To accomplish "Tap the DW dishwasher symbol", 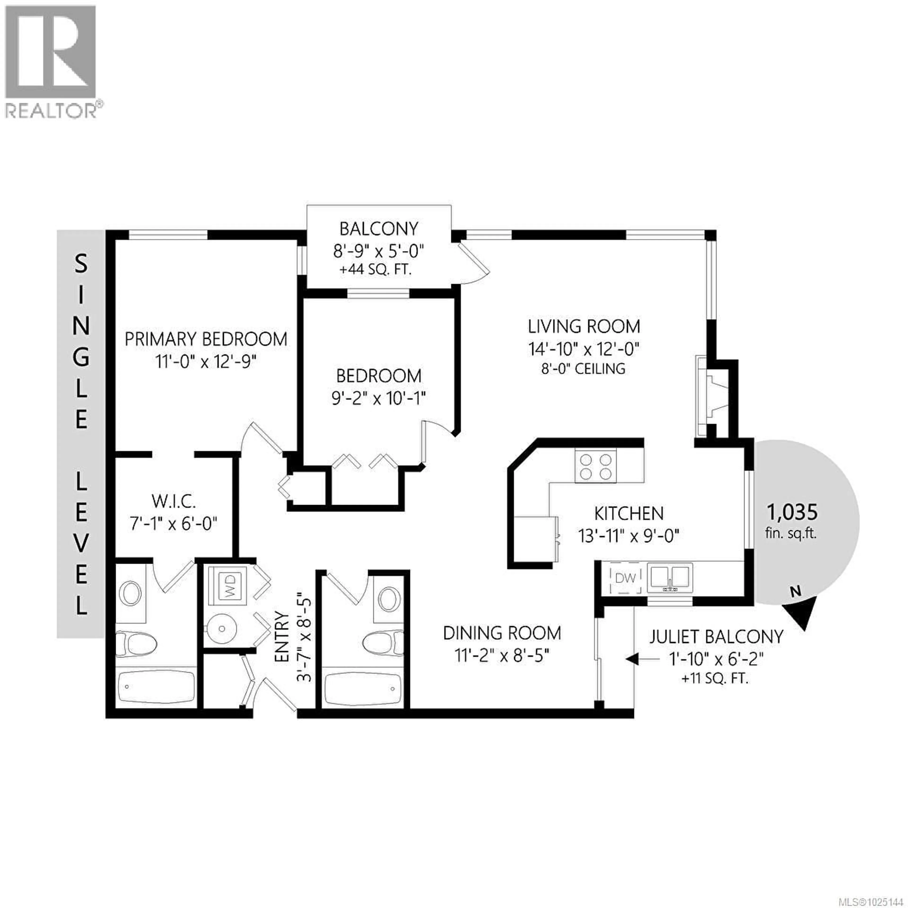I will pos(625,578).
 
